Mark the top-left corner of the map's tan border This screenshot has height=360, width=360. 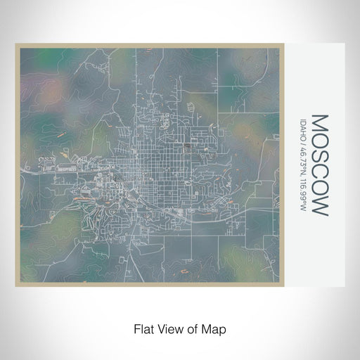click(16, 45)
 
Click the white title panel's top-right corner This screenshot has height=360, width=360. click(344, 44)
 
